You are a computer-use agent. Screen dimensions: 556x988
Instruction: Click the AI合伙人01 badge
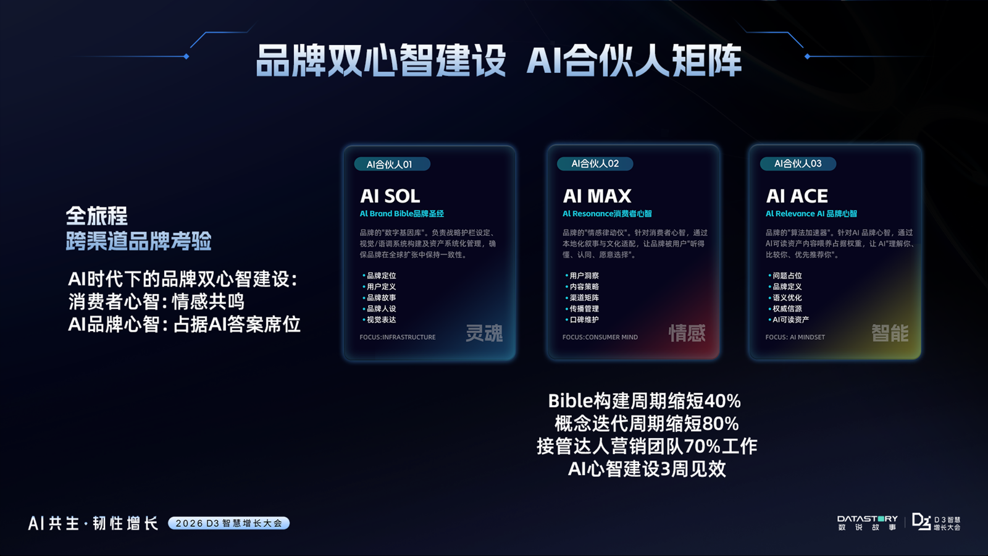(391, 164)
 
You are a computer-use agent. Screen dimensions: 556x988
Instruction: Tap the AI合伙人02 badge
(595, 164)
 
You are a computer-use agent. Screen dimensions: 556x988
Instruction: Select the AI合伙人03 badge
(798, 164)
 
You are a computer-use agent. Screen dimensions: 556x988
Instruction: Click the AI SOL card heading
(390, 196)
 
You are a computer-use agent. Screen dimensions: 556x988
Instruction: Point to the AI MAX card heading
(597, 196)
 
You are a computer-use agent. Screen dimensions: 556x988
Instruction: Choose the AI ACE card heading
(797, 196)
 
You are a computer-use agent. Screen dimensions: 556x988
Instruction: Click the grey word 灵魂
(484, 334)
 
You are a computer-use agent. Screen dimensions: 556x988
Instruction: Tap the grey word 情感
(687, 334)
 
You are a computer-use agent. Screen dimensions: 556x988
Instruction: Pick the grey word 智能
(890, 334)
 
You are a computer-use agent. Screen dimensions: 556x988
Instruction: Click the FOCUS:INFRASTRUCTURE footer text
(398, 337)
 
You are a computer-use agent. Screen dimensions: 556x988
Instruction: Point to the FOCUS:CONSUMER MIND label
(600, 337)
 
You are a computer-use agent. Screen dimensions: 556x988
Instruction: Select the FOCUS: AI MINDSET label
(795, 337)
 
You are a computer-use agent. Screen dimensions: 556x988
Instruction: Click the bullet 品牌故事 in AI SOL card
(382, 298)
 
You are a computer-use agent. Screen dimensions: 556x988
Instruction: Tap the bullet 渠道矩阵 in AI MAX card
(584, 298)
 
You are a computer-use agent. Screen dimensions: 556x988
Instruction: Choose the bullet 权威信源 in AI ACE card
(787, 309)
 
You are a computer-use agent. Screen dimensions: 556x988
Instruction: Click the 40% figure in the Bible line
(722, 402)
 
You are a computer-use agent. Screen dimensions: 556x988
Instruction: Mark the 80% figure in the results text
(721, 424)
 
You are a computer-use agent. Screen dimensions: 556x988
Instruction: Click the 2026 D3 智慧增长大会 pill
(228, 523)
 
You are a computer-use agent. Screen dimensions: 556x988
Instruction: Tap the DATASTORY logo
(867, 523)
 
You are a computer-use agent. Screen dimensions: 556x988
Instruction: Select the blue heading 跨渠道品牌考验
(138, 241)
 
